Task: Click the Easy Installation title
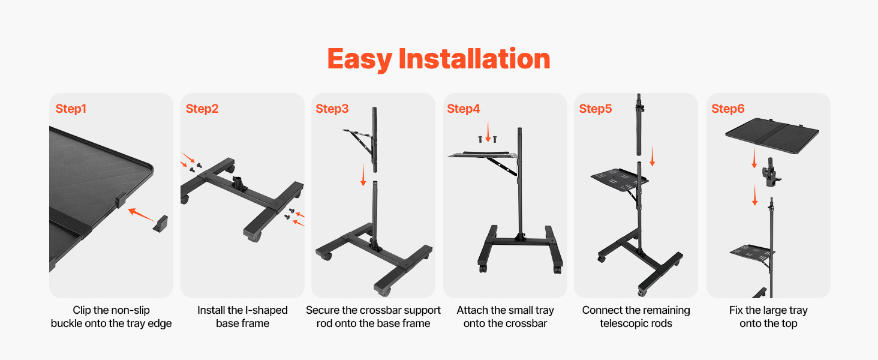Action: pos(438,59)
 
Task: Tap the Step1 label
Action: pos(71,109)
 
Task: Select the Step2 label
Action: pos(202,109)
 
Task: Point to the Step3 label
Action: pos(332,109)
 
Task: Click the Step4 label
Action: pos(464,109)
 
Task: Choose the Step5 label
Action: pos(596,109)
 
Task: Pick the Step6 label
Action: pos(728,109)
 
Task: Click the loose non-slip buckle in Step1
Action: pos(160,224)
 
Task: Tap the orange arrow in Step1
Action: pos(141,215)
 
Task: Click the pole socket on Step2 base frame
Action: pos(239,183)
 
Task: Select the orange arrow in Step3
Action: pos(363,175)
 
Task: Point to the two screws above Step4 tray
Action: pos(488,139)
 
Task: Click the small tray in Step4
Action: pos(483,155)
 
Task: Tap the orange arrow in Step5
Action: pos(653,155)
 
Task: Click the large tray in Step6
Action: pos(772,135)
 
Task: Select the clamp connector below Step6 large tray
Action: pos(771,173)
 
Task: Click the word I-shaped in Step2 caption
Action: pos(266,310)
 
